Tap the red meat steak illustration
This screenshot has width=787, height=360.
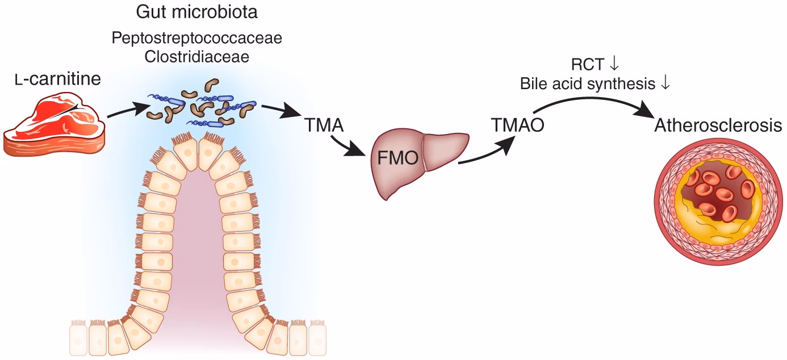55,125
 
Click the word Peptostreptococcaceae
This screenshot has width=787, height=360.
196,39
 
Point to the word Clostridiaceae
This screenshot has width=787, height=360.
196,57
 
